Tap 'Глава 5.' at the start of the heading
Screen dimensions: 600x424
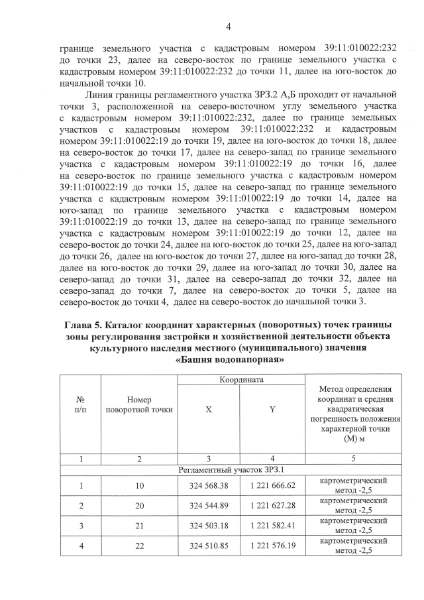point(85,325)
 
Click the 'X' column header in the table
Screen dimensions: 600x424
point(208,410)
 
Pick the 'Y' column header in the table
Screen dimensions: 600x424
point(272,410)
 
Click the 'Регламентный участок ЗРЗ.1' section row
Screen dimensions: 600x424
point(240,469)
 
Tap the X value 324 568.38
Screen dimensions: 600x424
point(209,485)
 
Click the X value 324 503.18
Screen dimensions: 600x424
point(209,525)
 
